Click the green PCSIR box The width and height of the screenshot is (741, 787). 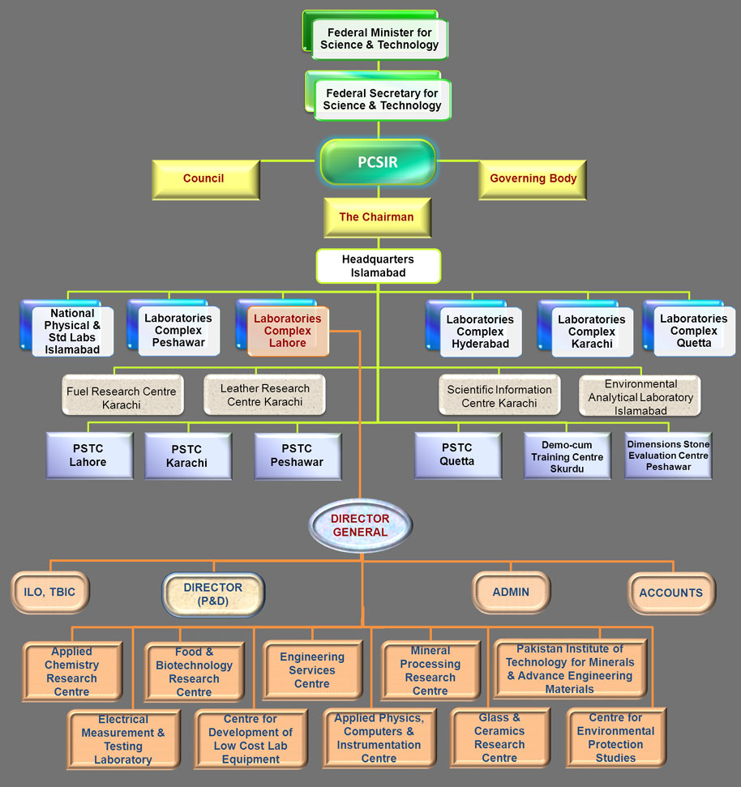pyautogui.click(x=378, y=162)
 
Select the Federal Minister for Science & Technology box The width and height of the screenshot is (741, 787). pyautogui.click(x=379, y=39)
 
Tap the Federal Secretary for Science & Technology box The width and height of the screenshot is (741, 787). pyautogui.click(x=382, y=99)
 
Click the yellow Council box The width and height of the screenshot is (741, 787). pyautogui.click(x=204, y=179)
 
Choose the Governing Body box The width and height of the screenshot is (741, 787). pyautogui.click(x=533, y=179)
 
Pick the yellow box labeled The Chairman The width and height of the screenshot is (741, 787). pyautogui.click(x=376, y=217)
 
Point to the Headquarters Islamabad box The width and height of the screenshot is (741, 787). pyautogui.click(x=378, y=266)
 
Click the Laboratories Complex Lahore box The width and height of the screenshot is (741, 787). pyautogui.click(x=287, y=331)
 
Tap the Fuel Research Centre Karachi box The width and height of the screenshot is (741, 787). pyautogui.click(x=122, y=397)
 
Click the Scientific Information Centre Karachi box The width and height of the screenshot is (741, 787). pyautogui.click(x=499, y=396)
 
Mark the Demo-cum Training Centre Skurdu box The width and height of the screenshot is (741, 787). pyautogui.click(x=568, y=456)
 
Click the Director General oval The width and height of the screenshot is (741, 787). pyautogui.click(x=360, y=525)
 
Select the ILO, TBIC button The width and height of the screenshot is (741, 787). pyautogui.click(x=49, y=592)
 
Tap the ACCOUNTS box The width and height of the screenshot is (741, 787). pyautogui.click(x=671, y=593)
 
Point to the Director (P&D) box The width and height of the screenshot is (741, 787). pyautogui.click(x=213, y=594)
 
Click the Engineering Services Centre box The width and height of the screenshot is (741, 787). pyautogui.click(x=312, y=670)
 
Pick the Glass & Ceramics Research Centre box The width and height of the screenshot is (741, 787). pyautogui.click(x=499, y=738)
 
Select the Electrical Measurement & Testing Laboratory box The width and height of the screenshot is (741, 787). pyautogui.click(x=123, y=739)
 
